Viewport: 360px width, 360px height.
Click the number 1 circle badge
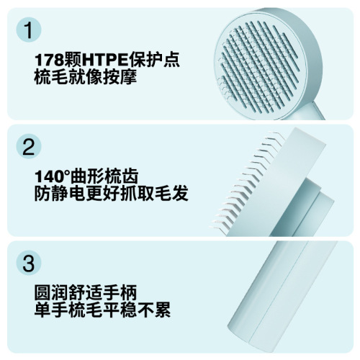(28, 30)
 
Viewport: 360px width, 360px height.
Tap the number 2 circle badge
(28, 146)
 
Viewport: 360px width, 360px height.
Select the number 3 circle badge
(28, 263)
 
